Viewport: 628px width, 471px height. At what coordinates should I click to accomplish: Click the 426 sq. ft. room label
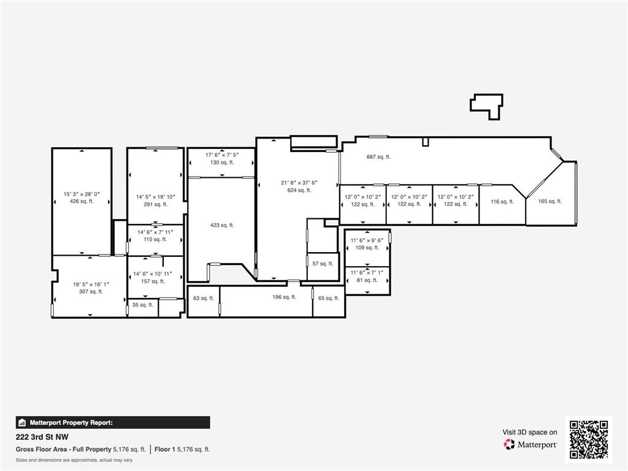click(82, 201)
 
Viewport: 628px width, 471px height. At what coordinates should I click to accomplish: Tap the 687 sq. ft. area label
click(378, 157)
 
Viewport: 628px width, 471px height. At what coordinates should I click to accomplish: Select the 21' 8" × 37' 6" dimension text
click(299, 183)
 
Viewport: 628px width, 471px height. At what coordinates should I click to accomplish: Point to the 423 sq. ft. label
click(222, 226)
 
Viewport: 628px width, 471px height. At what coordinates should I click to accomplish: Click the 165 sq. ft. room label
click(550, 201)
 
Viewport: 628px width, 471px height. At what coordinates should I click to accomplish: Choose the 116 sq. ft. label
click(502, 202)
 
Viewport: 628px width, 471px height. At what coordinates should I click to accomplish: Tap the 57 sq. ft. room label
click(323, 264)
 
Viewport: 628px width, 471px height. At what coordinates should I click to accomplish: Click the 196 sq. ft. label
click(285, 297)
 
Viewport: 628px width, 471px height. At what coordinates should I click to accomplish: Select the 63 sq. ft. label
click(204, 299)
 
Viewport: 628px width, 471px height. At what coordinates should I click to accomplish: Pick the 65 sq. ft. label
click(329, 299)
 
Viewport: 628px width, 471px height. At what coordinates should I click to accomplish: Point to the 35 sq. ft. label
click(142, 305)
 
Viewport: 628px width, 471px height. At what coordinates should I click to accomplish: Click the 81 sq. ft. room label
click(367, 280)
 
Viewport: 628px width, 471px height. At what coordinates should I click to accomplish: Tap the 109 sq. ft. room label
click(367, 248)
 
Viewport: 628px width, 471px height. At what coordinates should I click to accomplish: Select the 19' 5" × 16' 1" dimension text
click(91, 285)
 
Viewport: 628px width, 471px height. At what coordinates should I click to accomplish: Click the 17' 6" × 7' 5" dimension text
click(222, 155)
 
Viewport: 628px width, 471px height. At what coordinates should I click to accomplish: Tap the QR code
click(589, 439)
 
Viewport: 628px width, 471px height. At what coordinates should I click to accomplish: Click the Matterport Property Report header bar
click(113, 423)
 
